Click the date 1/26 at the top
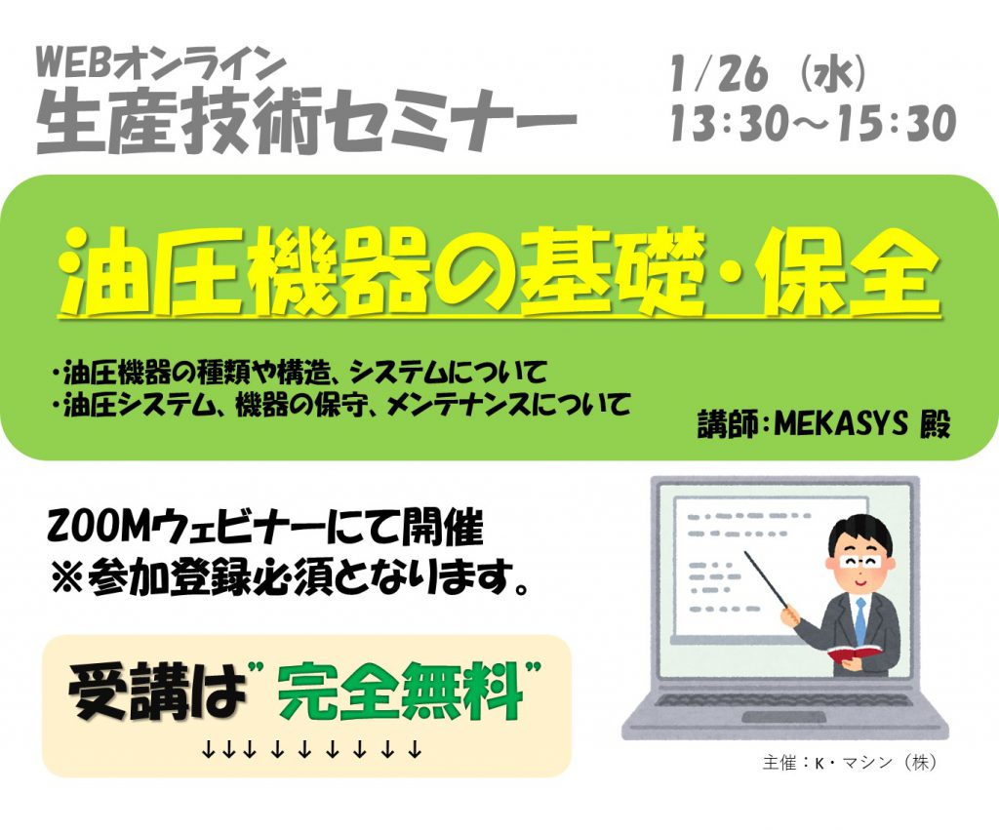point(719,74)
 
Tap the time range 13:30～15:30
point(814,123)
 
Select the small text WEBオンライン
point(160,64)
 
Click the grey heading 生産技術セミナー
point(306,122)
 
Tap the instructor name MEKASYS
point(840,422)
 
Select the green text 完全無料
point(400,692)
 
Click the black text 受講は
point(157,692)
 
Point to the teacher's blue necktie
point(860,621)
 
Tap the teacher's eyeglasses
point(860,561)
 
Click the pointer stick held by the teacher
point(767,580)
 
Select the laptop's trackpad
point(785,718)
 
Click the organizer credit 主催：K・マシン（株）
point(850,762)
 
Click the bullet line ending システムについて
point(300,372)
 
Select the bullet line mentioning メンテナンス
point(341,404)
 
